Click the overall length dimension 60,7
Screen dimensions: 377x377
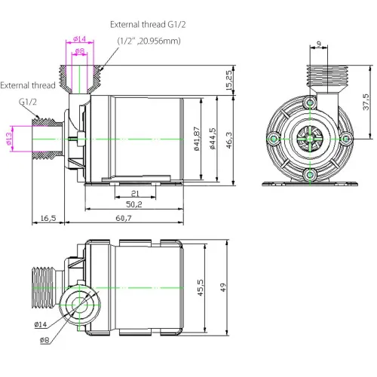point(125,218)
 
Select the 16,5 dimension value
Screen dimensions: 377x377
point(48,218)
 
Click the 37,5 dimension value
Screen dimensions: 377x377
point(366,101)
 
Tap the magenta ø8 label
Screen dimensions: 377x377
point(81,51)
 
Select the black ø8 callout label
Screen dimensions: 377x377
point(44,341)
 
